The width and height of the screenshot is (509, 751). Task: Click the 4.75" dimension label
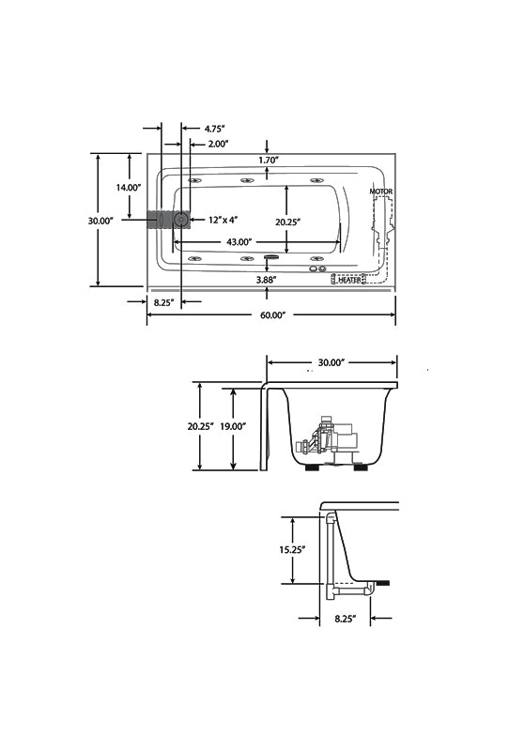tap(214, 129)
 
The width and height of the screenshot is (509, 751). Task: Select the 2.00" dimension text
tap(218, 144)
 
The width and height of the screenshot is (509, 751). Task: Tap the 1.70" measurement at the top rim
tap(269, 160)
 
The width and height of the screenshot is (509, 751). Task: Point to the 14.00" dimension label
tap(129, 187)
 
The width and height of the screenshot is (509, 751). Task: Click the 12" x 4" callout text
tap(223, 220)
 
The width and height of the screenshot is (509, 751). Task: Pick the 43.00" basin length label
tap(239, 242)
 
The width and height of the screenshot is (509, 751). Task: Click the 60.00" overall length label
tap(272, 315)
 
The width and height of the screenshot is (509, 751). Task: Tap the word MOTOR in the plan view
tap(381, 192)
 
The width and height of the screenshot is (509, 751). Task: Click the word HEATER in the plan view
tap(349, 280)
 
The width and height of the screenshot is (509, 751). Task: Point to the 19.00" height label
tap(233, 426)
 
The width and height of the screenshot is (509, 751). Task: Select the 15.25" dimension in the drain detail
tap(292, 549)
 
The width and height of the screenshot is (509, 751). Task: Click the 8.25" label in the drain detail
tap(345, 619)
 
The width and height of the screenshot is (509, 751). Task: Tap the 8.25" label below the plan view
tap(164, 302)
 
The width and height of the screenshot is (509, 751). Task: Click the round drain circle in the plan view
tap(181, 220)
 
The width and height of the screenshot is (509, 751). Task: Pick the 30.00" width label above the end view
tap(332, 362)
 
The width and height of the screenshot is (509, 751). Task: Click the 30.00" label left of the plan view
tap(100, 221)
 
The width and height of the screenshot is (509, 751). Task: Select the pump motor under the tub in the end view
tap(332, 439)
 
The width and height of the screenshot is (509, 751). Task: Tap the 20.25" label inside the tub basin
tap(287, 222)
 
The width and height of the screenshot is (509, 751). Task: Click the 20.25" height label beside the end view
tap(200, 426)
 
